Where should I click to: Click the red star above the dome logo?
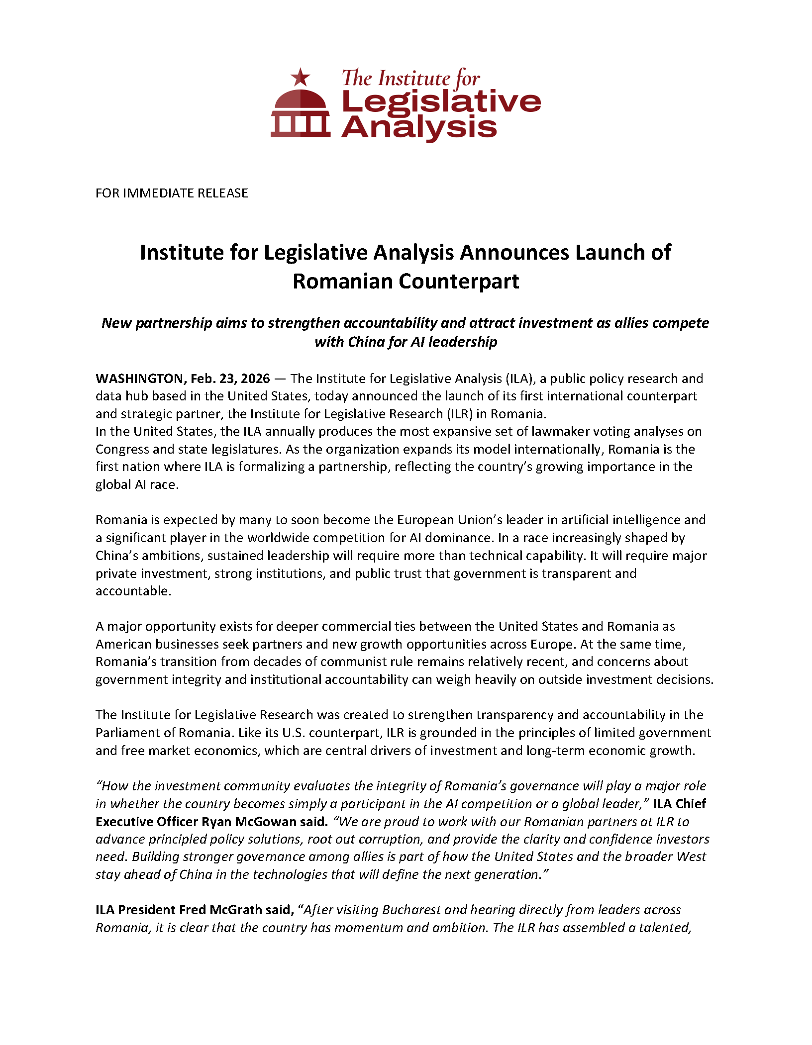[x=300, y=78]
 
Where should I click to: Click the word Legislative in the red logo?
[x=441, y=102]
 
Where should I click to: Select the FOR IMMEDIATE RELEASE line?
[x=172, y=193]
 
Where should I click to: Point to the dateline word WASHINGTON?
[x=141, y=379]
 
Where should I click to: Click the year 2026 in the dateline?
[x=255, y=379]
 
